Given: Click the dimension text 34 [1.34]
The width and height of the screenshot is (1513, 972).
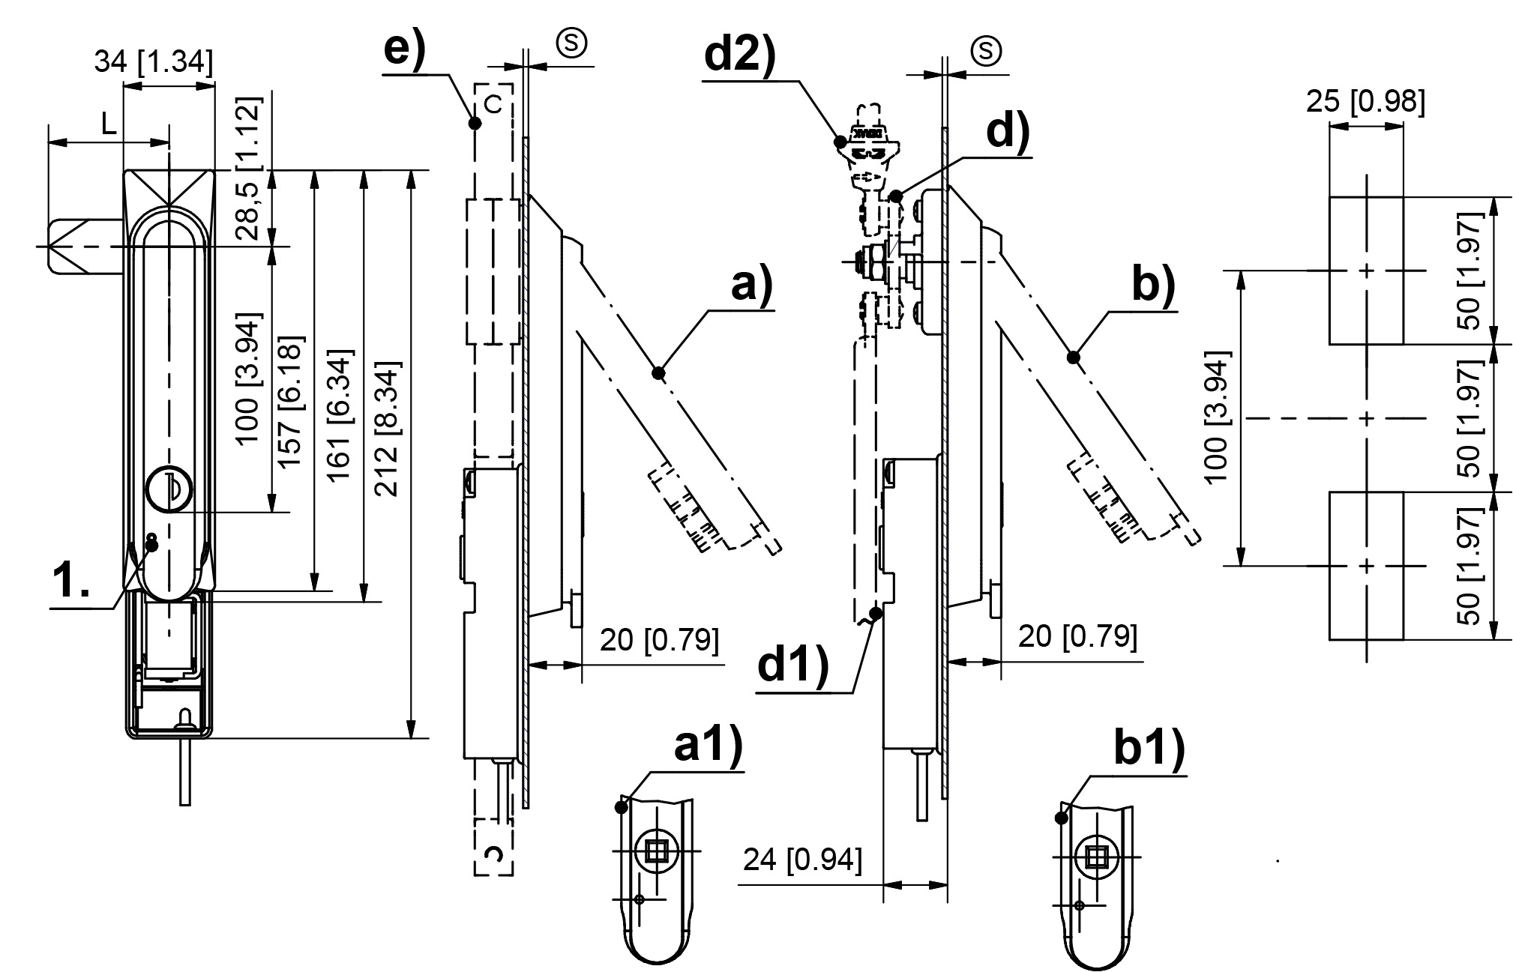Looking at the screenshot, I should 154,62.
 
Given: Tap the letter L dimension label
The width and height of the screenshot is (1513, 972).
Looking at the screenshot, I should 109,124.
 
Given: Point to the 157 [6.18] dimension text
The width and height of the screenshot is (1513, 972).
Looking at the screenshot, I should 291,402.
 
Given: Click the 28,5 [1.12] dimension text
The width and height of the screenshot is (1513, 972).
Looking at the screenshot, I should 250,168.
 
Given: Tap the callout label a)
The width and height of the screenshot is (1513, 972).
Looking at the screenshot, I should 751,285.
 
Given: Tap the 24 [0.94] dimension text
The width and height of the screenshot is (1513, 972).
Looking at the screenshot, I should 802,860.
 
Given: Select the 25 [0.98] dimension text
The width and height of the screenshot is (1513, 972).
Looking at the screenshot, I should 1365,101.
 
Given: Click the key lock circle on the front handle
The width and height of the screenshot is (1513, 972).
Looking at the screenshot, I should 169,489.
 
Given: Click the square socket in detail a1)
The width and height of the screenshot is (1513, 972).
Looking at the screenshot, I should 657,851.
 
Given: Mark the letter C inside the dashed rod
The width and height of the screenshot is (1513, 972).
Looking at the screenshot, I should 493,106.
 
